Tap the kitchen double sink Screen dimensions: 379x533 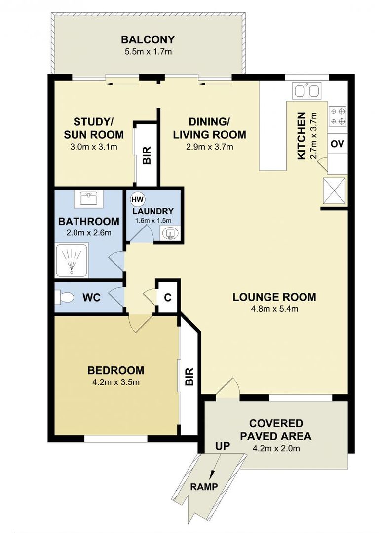point(306,91)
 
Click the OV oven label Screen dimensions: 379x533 point(338,144)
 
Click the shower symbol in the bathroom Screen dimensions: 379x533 point(72,260)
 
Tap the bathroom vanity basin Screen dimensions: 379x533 point(89,198)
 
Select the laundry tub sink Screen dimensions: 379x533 point(170,233)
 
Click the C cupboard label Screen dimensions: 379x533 point(168,298)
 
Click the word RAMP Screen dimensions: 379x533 point(204,487)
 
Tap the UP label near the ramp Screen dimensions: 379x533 point(223,446)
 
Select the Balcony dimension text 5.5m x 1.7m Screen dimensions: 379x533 point(148,52)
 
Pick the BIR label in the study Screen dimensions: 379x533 point(147,155)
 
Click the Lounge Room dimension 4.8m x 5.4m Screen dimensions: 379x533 point(274,309)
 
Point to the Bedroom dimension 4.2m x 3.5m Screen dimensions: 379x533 point(116,382)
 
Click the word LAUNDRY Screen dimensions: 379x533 point(153,211)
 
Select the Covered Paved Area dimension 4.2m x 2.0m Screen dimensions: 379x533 point(276,448)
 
